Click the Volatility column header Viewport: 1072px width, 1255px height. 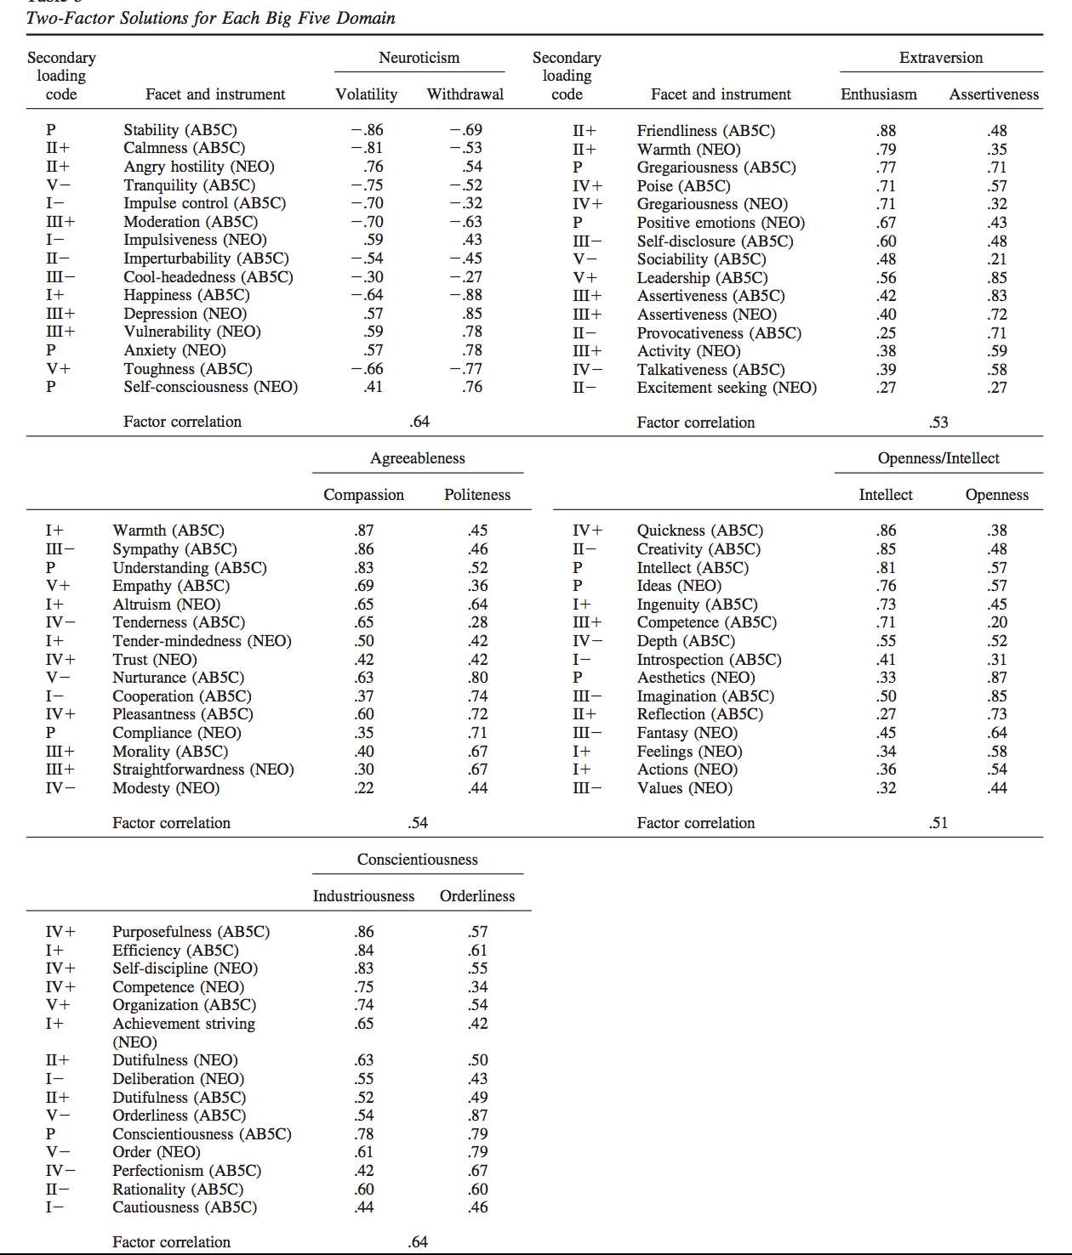coord(366,94)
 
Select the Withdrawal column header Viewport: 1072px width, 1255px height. coord(465,94)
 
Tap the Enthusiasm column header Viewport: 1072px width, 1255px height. coord(878,94)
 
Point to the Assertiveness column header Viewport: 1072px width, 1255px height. coord(994,94)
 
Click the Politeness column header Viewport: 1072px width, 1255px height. coord(477,495)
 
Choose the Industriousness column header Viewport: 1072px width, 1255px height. coord(363,896)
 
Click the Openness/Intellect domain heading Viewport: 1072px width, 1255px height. coord(938,458)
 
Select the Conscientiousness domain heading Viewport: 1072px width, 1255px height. coord(417,860)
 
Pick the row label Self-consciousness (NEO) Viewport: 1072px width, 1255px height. coord(210,387)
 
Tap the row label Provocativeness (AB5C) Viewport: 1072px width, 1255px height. coord(719,333)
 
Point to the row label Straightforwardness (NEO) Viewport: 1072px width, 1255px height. coord(203,769)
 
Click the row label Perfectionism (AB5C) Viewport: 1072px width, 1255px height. coord(186,1171)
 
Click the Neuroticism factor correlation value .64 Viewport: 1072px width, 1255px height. coord(419,422)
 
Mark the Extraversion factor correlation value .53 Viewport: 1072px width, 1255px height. coord(938,423)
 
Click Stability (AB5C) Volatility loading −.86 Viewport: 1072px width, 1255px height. coord(367,130)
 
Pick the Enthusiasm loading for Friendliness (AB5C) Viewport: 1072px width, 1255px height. coord(886,131)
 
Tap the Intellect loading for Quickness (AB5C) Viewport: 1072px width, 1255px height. coord(886,531)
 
